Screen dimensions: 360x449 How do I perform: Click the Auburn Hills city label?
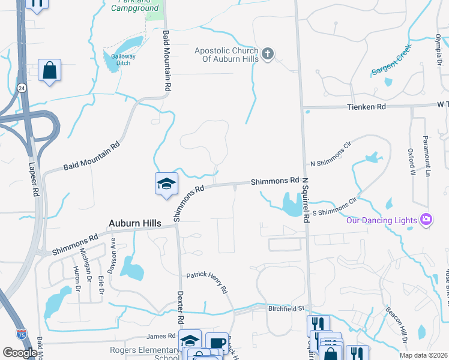click(x=135, y=223)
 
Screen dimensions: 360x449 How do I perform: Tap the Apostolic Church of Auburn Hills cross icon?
click(x=268, y=55)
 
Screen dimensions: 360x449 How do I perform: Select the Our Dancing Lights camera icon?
click(x=427, y=220)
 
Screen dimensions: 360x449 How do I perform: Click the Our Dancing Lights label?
click(x=381, y=220)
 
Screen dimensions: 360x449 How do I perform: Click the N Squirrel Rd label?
click(x=305, y=200)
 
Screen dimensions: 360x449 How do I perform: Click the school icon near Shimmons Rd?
click(x=166, y=184)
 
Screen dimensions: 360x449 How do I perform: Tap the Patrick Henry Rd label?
click(x=207, y=282)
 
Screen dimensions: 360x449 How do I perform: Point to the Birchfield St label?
click(x=287, y=308)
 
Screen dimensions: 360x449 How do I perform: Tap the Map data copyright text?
click(x=424, y=355)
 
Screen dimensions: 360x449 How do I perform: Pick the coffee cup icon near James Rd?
click(x=217, y=343)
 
